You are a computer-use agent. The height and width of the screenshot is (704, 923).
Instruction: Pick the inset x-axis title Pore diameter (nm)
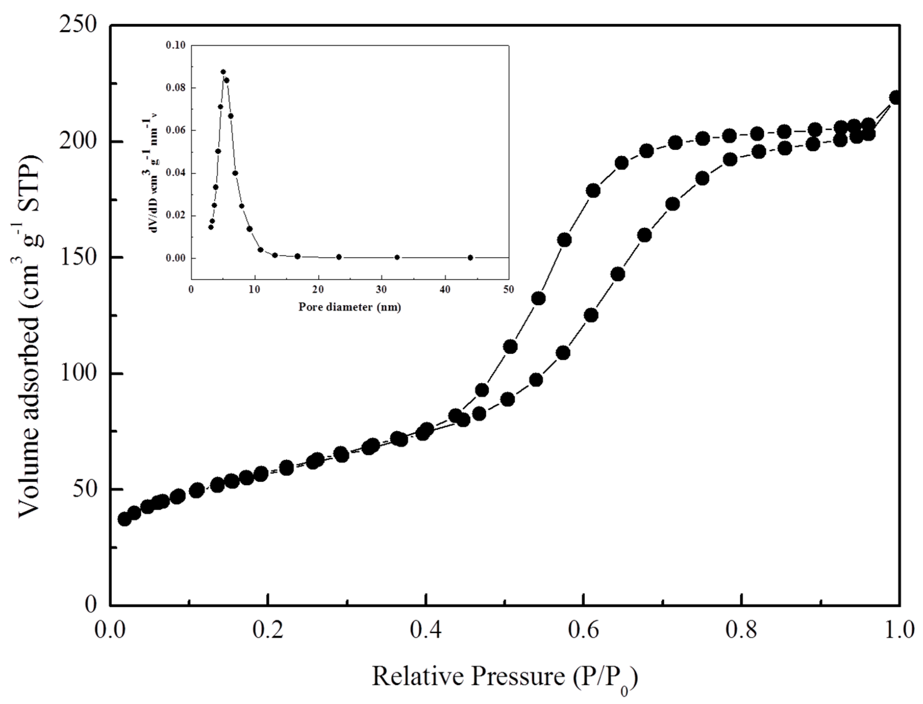[350, 307]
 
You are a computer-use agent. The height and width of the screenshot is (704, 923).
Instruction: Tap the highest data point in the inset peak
[223, 72]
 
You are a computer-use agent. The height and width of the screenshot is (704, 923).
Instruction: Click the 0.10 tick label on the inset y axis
[176, 45]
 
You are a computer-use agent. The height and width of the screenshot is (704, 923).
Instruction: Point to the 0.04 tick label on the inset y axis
[176, 173]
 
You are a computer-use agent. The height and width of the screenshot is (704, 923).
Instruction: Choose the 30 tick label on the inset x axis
[381, 290]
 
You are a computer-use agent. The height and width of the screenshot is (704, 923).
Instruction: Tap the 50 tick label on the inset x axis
[509, 290]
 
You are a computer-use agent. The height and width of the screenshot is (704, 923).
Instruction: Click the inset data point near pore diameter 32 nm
[397, 257]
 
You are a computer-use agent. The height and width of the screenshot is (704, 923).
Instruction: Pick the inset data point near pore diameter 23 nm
[339, 257]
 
